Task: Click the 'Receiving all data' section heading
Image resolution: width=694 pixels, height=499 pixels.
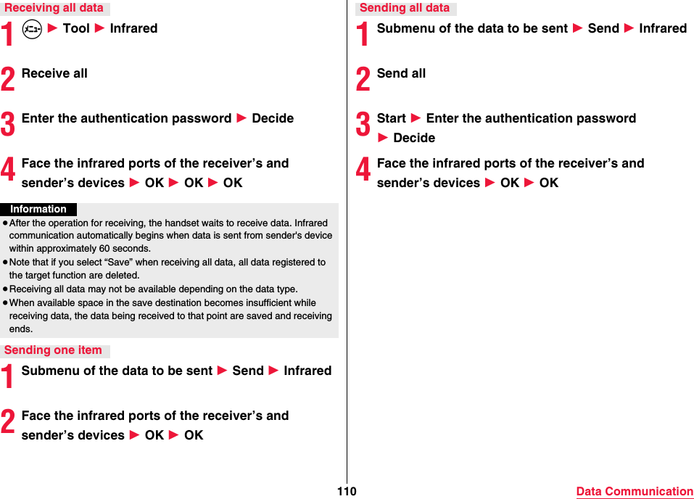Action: (54, 8)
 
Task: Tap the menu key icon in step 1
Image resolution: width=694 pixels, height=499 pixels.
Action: (32, 29)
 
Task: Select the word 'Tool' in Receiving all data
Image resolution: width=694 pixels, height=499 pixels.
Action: (76, 28)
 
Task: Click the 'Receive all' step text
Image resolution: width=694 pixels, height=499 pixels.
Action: (54, 73)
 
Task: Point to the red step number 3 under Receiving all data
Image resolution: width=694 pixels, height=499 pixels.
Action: (8, 124)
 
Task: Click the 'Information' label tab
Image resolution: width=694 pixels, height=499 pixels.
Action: (38, 209)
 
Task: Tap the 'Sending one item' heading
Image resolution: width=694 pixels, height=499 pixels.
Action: (54, 350)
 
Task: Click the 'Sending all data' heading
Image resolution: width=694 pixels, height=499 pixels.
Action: (405, 8)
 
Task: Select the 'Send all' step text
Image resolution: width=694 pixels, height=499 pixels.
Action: (401, 73)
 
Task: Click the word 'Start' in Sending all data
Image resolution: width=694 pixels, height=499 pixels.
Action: (392, 118)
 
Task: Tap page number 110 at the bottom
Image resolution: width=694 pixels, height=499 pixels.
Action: (347, 491)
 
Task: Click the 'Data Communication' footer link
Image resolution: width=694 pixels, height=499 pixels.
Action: (635, 491)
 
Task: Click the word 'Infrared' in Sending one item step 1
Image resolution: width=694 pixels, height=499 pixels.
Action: (307, 371)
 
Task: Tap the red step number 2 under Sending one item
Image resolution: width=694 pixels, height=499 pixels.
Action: (8, 421)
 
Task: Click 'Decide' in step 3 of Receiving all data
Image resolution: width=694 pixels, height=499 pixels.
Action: (273, 118)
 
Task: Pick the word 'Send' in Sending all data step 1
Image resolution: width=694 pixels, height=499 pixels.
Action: (603, 28)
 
